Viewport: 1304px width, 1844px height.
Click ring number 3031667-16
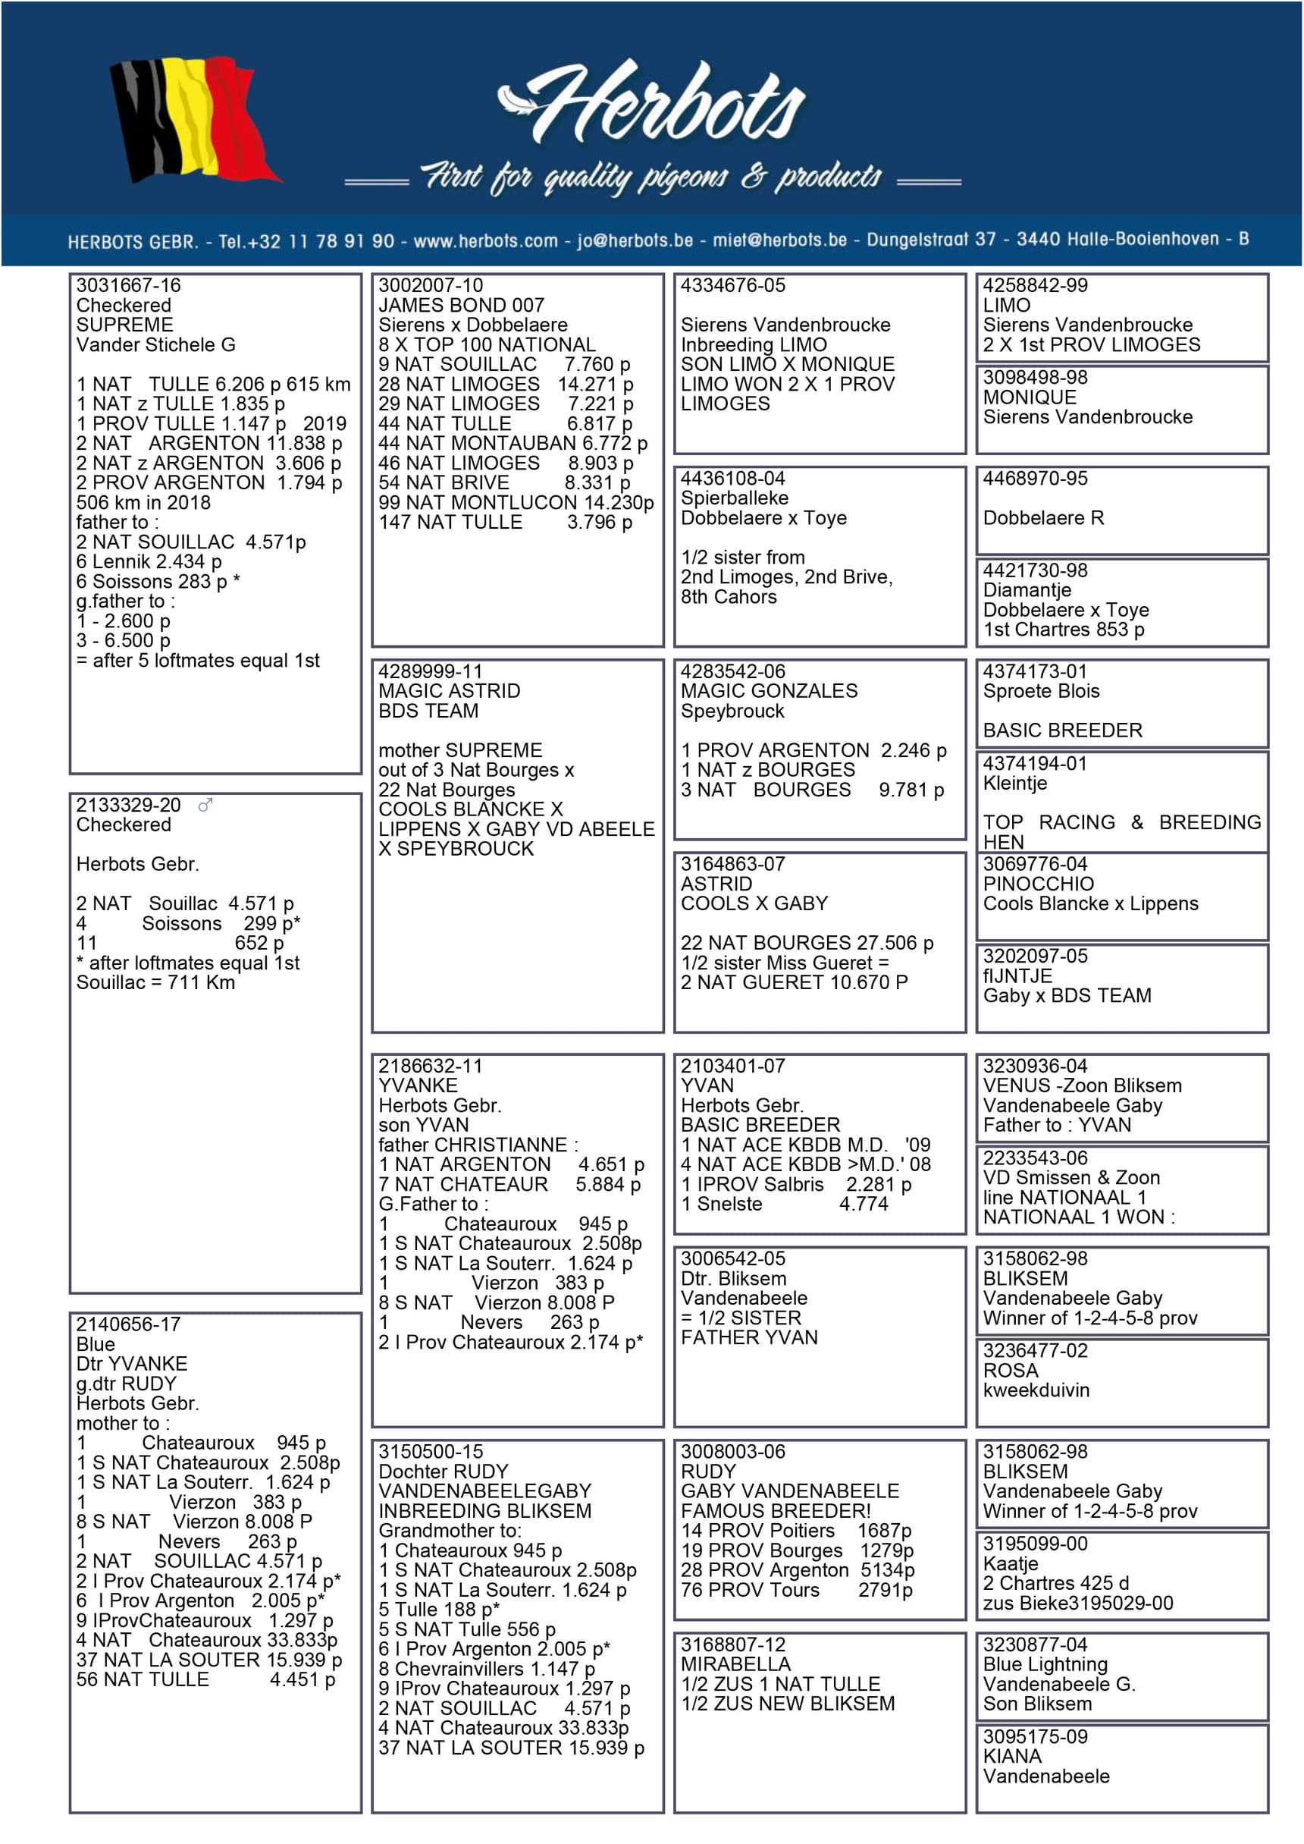point(128,286)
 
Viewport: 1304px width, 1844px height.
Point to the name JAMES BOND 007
point(461,305)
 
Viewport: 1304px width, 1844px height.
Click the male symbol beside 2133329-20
point(205,805)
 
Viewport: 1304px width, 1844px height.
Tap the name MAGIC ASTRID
point(449,691)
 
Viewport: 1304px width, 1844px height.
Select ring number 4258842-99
point(1034,286)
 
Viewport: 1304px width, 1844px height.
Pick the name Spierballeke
point(734,498)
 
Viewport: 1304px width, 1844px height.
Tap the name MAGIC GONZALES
point(769,691)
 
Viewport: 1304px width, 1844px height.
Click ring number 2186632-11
point(431,1066)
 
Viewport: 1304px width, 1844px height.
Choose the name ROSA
point(1010,1370)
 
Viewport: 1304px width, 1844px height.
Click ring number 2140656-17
point(128,1324)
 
